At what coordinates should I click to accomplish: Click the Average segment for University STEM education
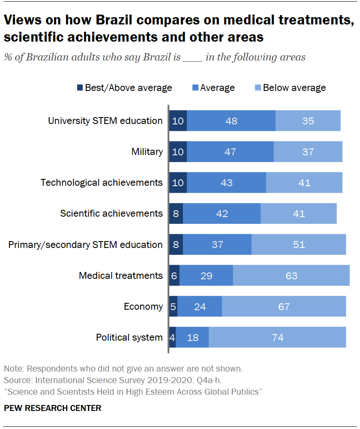coord(231,121)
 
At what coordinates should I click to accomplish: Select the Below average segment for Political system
coord(277,338)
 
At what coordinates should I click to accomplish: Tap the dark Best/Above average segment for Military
coord(178,152)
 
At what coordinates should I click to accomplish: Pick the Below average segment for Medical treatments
coord(291,275)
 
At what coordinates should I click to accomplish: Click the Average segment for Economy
coord(200,307)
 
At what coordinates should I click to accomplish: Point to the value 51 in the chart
coord(298,245)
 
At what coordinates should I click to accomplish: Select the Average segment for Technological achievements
coord(226,183)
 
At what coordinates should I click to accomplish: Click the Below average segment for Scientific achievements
coord(298,214)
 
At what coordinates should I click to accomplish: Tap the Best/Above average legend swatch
coord(80,88)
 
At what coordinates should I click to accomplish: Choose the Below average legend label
coord(294,88)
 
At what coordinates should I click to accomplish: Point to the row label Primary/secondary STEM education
coord(86,245)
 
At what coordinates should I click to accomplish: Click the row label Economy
coord(143,307)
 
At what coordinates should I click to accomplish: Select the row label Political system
coord(129,338)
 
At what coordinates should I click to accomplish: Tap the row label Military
coord(147,152)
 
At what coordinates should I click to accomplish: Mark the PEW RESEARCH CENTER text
coord(53,408)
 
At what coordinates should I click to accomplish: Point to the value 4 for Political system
coord(172,338)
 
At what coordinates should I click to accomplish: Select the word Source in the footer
coord(16,380)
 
